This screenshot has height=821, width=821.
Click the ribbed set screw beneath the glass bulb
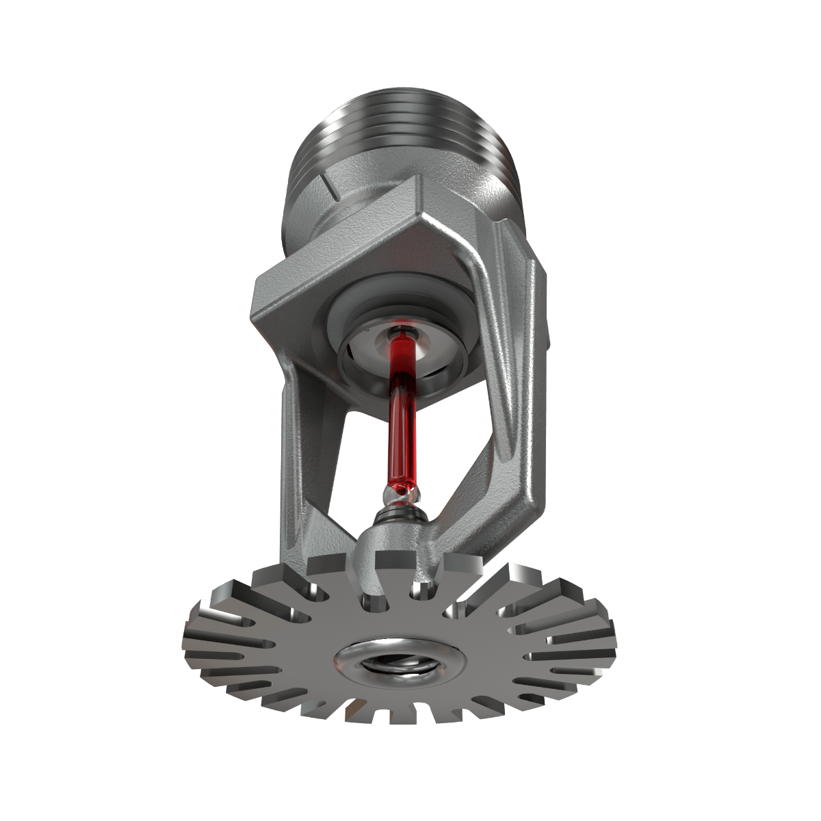(x=401, y=510)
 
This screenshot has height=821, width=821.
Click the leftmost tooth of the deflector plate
(x=195, y=640)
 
